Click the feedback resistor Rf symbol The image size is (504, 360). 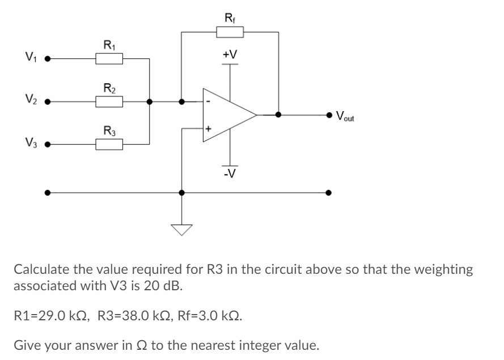pos(230,32)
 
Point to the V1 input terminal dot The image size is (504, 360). pos(49,58)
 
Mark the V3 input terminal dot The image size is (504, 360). pos(49,144)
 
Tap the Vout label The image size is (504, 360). pos(345,117)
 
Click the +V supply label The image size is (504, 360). pos(230,54)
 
